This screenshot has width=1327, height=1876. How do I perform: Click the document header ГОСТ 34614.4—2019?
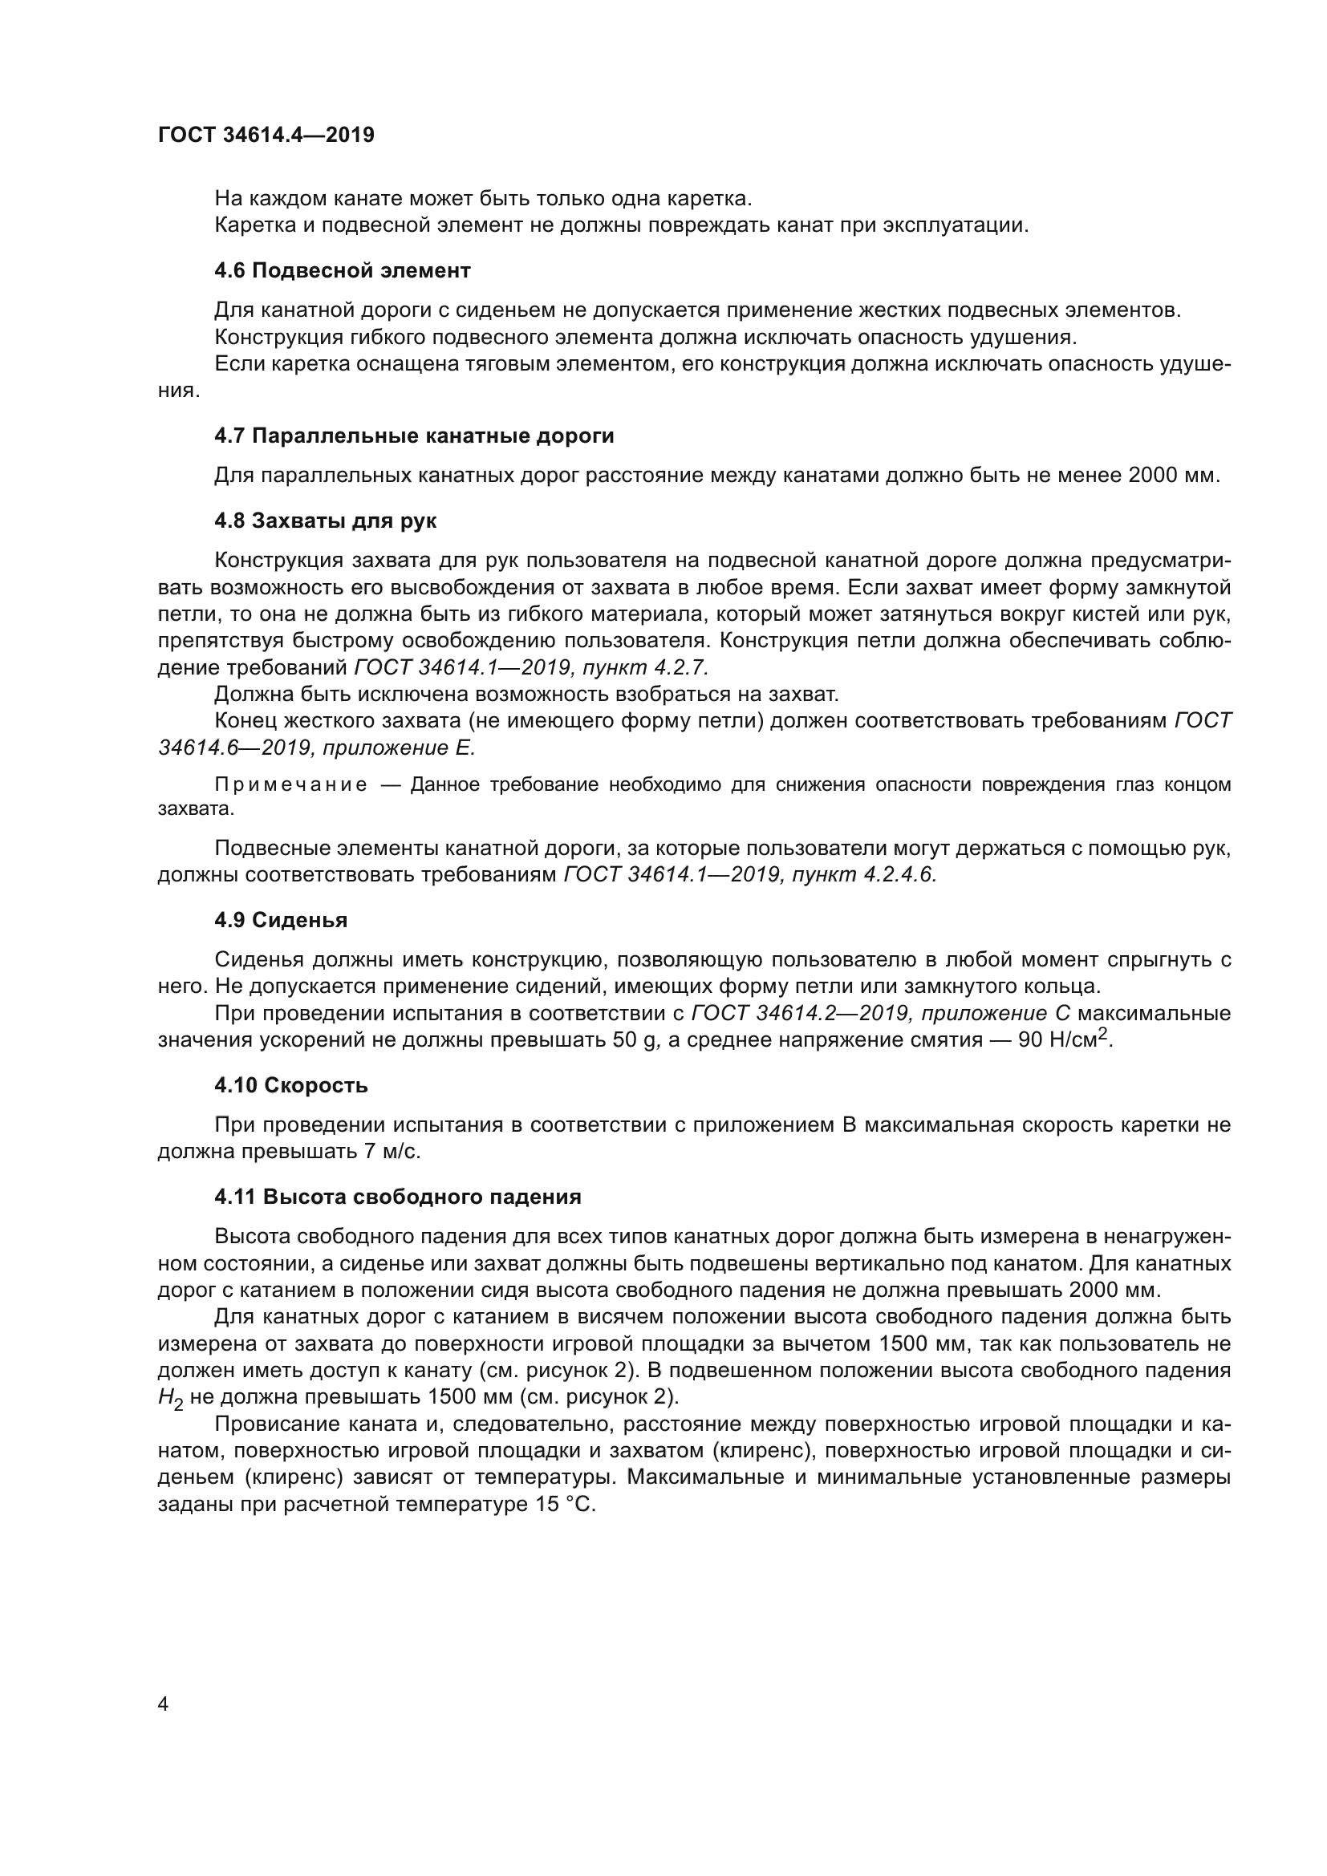(x=266, y=135)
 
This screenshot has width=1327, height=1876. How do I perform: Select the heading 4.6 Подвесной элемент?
(x=343, y=270)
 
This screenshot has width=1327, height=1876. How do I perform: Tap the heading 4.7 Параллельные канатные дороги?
(x=414, y=436)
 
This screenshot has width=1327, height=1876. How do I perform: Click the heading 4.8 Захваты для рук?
(x=325, y=521)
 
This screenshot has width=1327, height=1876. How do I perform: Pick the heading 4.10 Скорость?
(x=291, y=1085)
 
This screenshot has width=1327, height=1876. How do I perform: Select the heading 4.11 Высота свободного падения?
(x=398, y=1197)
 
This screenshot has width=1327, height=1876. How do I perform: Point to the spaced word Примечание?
(x=291, y=785)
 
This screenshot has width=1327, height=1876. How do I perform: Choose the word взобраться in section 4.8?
(x=700, y=695)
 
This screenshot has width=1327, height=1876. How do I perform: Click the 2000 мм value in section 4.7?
(x=1174, y=476)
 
